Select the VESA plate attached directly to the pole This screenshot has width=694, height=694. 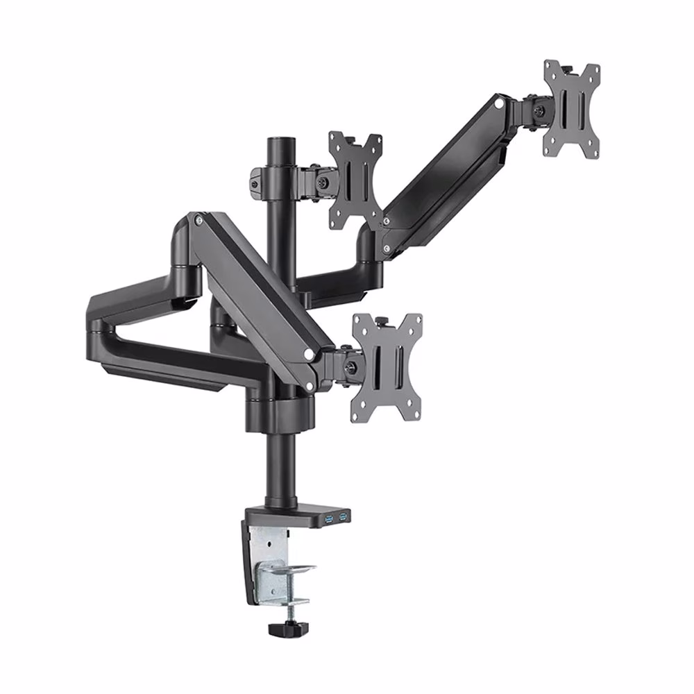pyautogui.click(x=355, y=180)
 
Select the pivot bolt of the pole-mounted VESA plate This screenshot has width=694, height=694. pyautogui.click(x=323, y=182)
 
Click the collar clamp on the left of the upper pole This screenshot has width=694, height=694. pyautogui.click(x=258, y=179)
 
